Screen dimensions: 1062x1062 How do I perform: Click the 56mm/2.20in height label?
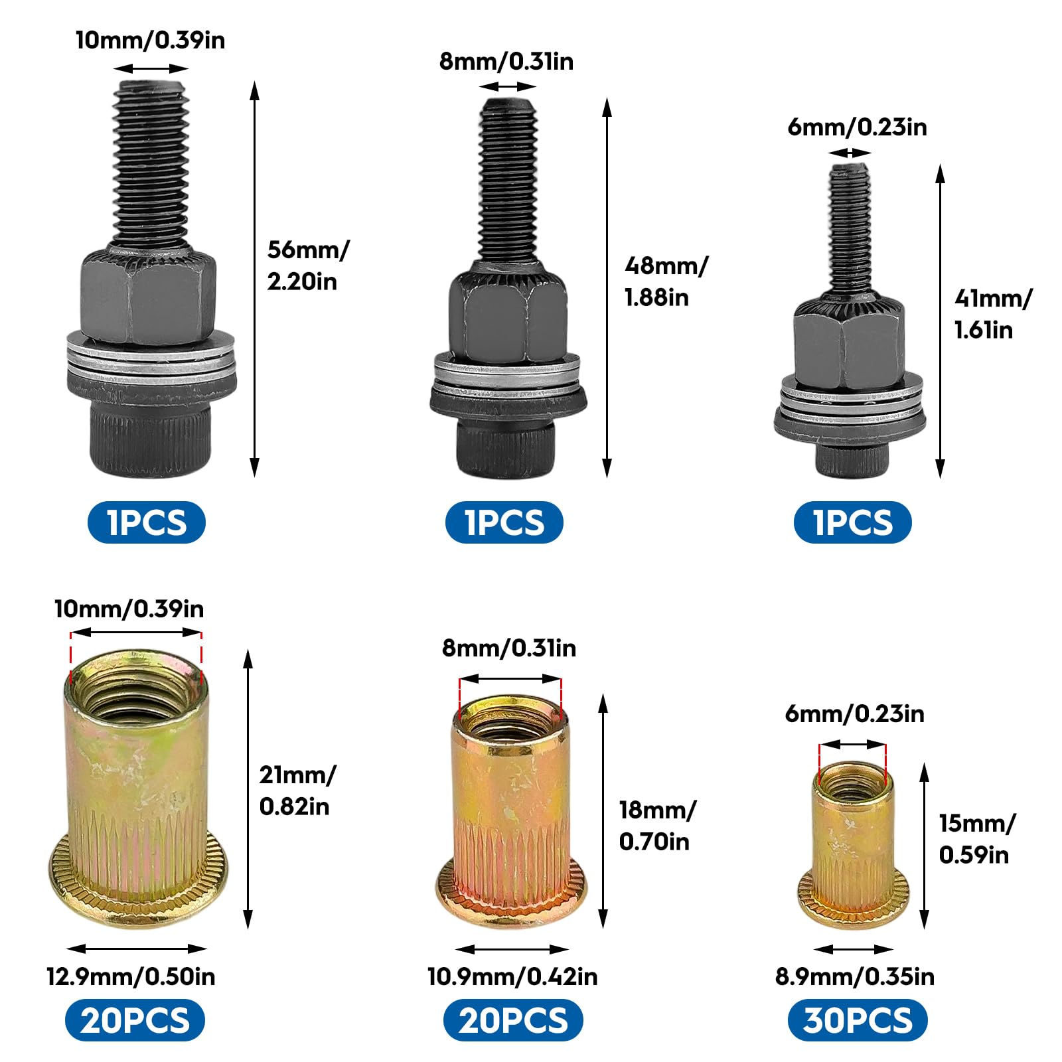pyautogui.click(x=308, y=265)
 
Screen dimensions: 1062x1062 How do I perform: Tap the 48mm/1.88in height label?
pyautogui.click(x=666, y=281)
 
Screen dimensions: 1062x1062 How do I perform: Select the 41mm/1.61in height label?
pyautogui.click(x=993, y=314)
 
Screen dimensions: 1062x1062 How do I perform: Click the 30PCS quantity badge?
pyautogui.click(x=857, y=1021)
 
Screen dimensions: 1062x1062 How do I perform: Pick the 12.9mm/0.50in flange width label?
pyautogui.click(x=131, y=976)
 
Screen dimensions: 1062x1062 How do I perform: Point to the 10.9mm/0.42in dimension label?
pyautogui.click(x=512, y=976)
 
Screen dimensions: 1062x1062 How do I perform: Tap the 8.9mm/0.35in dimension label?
pyautogui.click(x=855, y=976)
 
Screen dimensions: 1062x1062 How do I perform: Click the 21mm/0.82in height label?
pyautogui.click(x=297, y=791)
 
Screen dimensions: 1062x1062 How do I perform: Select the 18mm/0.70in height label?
pyautogui.click(x=657, y=826)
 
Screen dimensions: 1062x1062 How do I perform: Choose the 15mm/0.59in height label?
pyautogui.click(x=977, y=838)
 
